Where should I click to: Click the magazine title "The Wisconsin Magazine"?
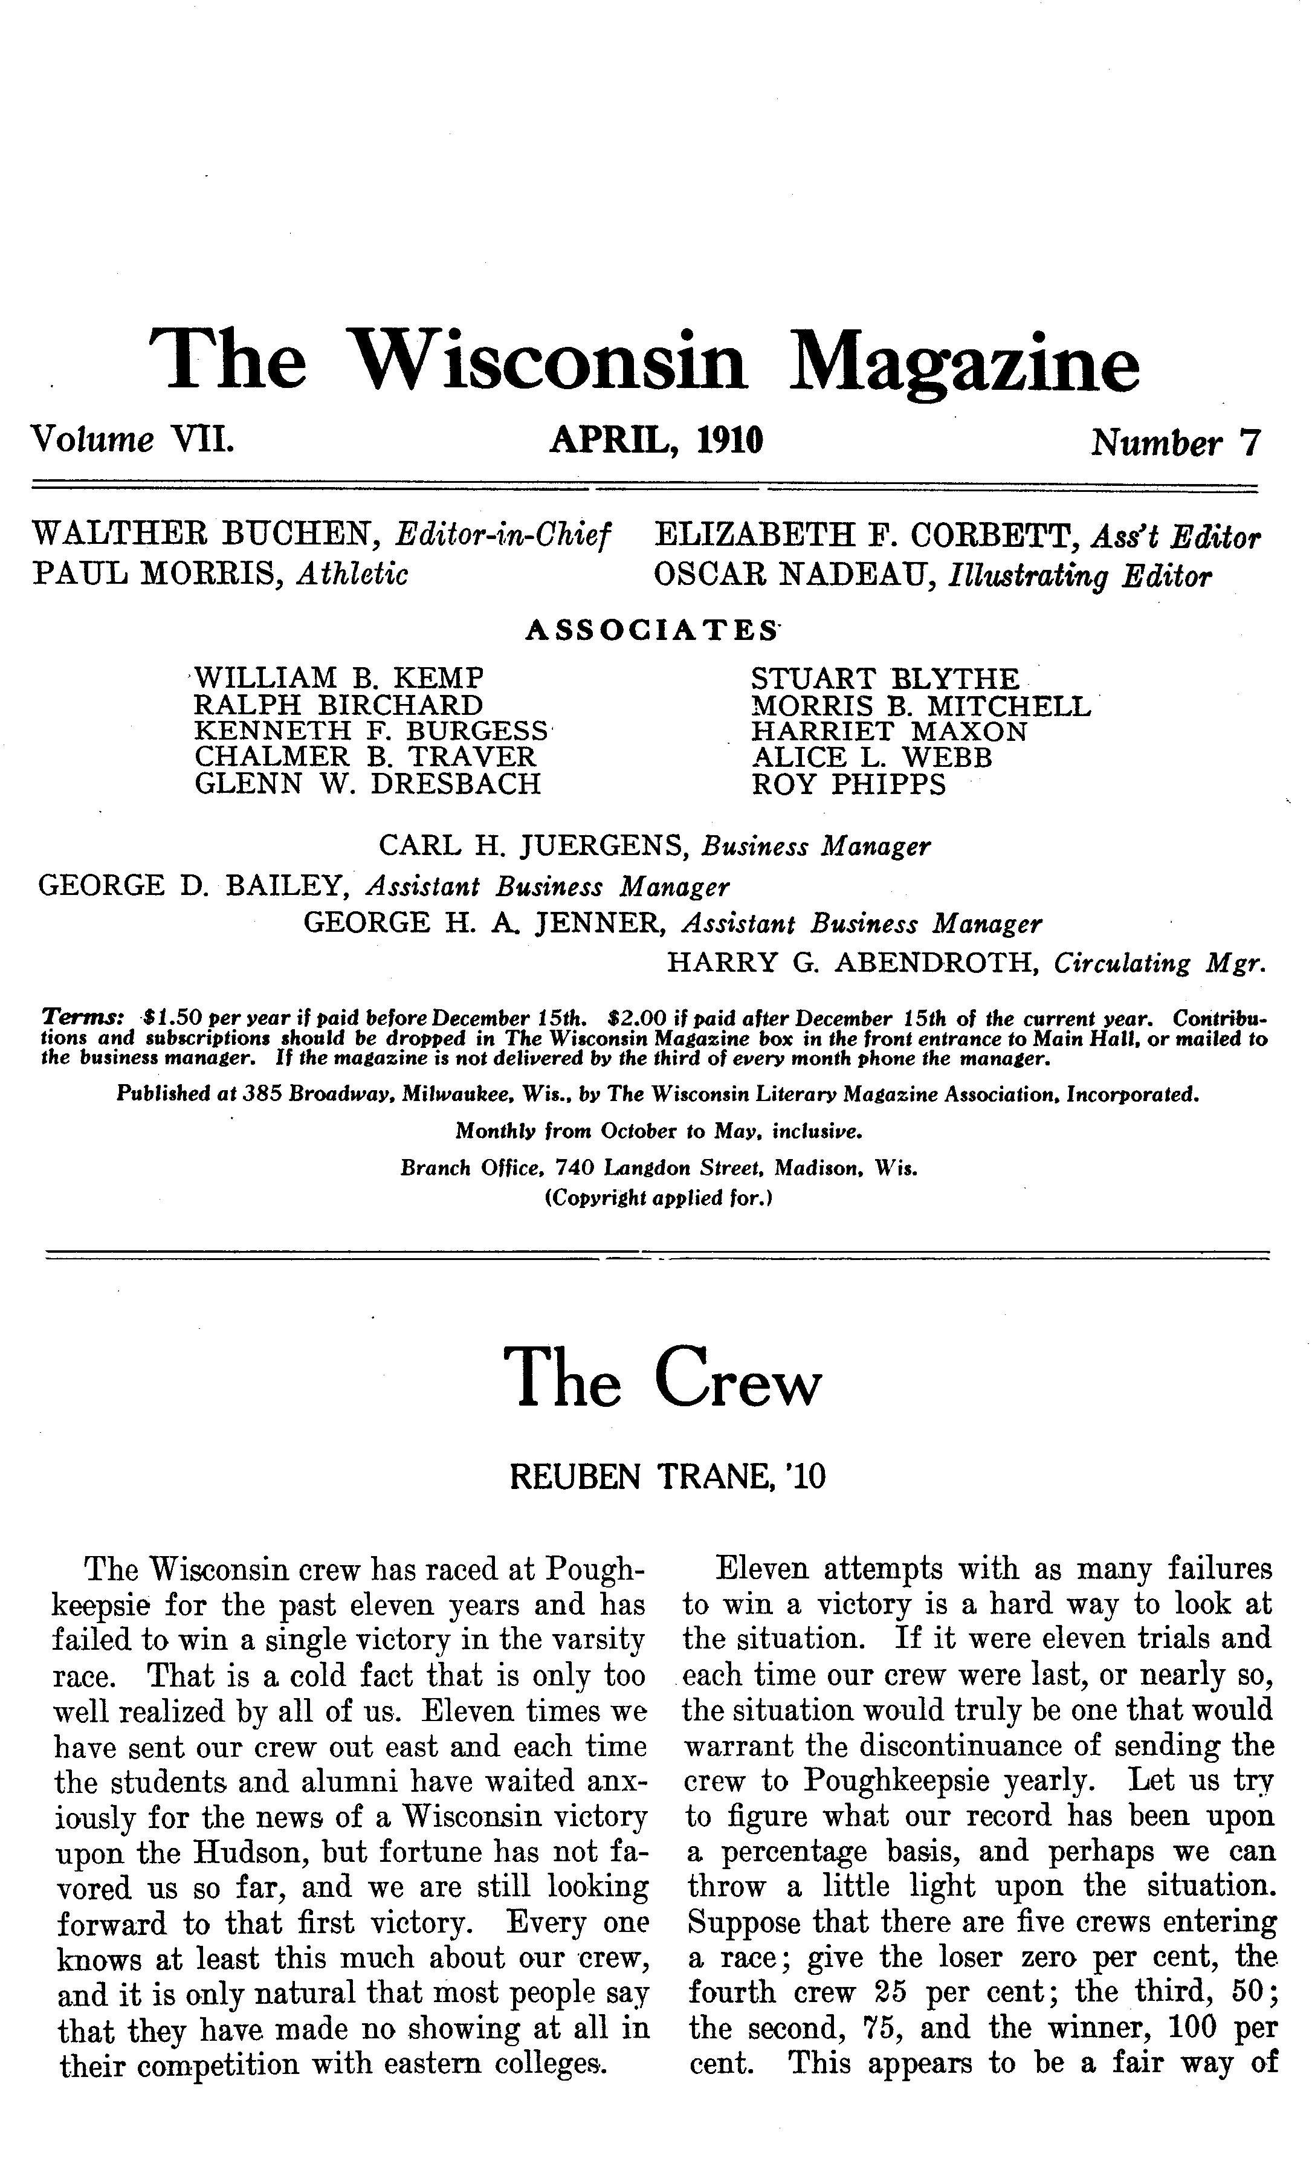645,362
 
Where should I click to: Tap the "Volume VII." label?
132,439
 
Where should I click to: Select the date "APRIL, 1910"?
656,439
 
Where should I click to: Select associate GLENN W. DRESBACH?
367,783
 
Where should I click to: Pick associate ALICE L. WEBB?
871,757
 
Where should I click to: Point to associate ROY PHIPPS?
848,784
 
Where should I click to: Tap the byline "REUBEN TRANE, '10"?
667,1478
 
